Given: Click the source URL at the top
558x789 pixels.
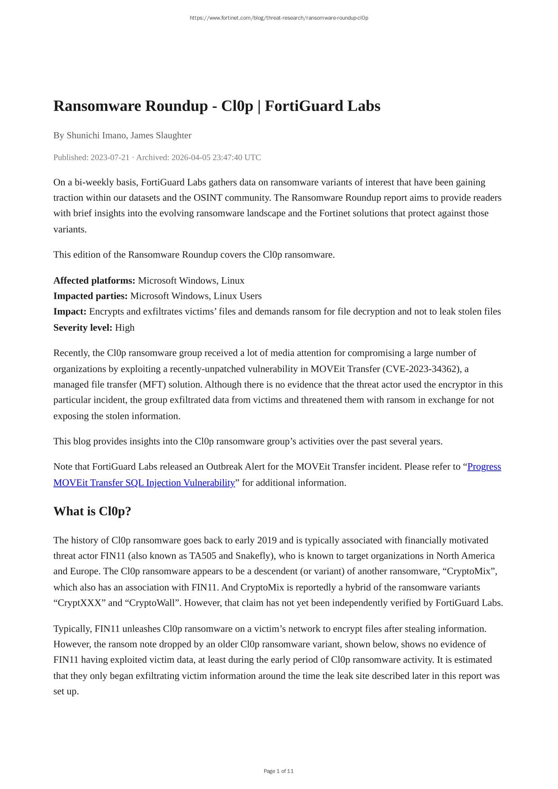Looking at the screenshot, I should click(x=279, y=18).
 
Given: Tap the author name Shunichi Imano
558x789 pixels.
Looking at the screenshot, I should click(x=96, y=135).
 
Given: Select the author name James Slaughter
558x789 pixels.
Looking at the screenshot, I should click(x=161, y=135).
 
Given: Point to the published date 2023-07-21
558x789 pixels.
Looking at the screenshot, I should click(x=110, y=157).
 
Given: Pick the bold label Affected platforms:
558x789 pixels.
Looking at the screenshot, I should click(x=94, y=280).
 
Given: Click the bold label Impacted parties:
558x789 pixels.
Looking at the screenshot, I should click(x=90, y=296).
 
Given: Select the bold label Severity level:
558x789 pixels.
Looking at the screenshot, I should click(x=83, y=328).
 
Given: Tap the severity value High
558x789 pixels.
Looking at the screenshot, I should click(x=125, y=328).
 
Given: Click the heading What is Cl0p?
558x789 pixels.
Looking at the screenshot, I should click(x=92, y=511).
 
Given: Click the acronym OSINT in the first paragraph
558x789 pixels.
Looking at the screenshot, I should click(x=208, y=198).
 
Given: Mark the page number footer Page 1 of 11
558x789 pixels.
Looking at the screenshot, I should click(x=279, y=771).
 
